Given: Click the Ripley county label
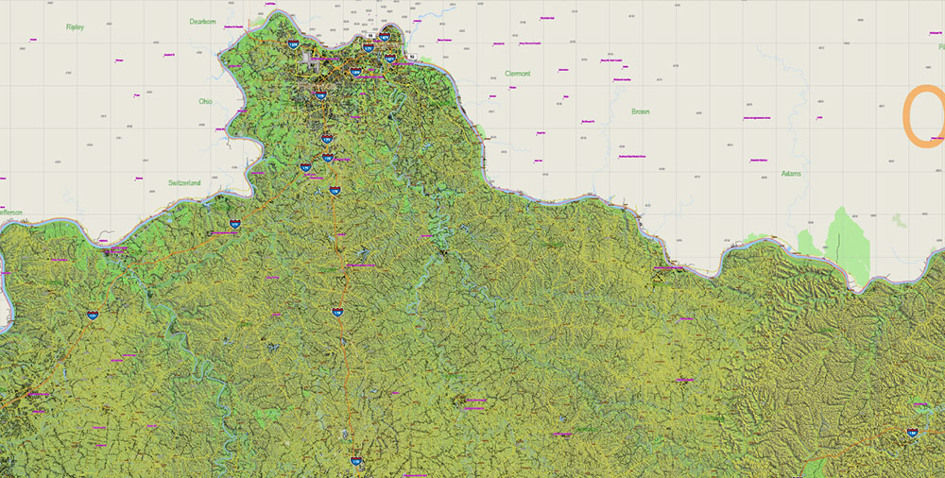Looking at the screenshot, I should coord(75,27).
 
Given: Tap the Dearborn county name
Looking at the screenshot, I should coord(203,21).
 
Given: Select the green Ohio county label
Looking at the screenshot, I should coord(205,101).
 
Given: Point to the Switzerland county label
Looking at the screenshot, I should coord(185,181).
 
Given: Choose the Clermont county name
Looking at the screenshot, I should coord(518,74).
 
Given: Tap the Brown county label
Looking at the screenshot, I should coord(641,111).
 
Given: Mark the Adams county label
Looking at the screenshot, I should coord(791,174).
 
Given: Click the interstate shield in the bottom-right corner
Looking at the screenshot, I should coord(912,433).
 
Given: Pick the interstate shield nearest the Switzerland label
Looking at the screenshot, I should coord(234,224).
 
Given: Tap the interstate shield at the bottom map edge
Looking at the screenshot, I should coord(356,461).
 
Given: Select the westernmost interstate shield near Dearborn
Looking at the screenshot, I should coord(294,43).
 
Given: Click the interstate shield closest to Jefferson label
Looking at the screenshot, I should coord(92,316).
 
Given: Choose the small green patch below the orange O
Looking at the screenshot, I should coord(900,220).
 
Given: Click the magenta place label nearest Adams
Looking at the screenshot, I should coord(758,161).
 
